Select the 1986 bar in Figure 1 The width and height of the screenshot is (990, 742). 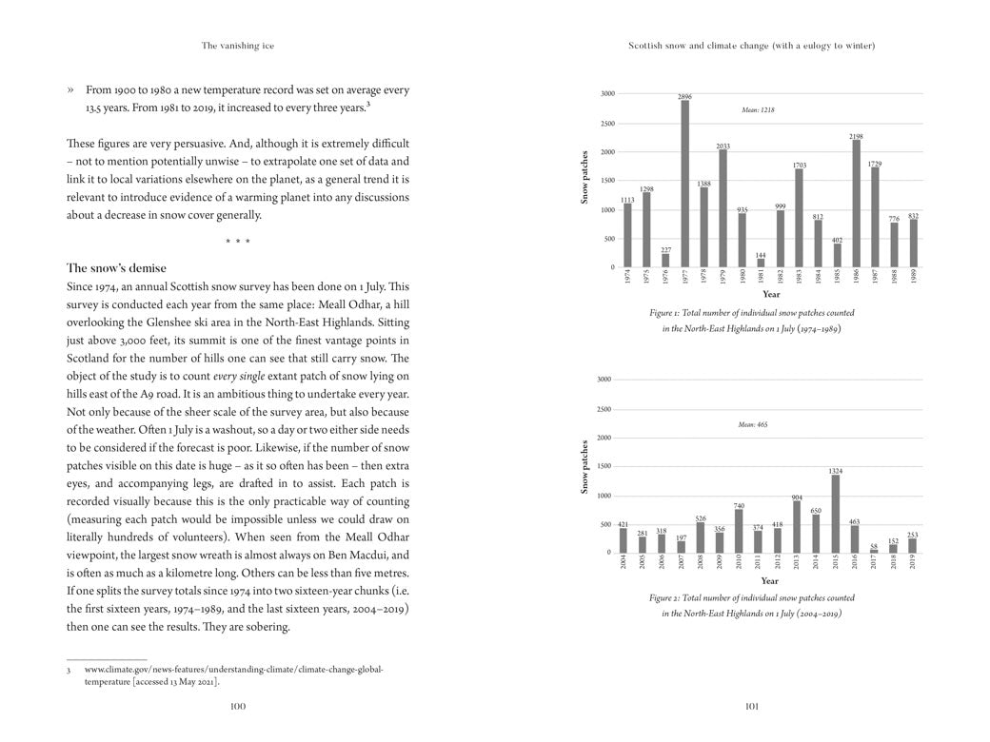[856, 205]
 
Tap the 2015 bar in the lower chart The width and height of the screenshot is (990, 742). [836, 514]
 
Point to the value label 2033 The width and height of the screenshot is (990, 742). [723, 146]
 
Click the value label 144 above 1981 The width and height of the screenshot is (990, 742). [761, 255]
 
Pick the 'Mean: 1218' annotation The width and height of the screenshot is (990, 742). [758, 110]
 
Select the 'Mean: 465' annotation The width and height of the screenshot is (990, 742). [752, 424]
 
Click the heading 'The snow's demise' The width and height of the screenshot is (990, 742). [116, 268]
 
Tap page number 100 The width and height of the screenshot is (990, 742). [238, 706]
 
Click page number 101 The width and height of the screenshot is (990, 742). [751, 706]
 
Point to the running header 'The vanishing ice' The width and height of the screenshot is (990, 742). [238, 45]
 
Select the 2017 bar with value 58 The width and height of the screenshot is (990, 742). [874, 551]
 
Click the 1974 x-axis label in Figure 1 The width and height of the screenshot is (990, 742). [627, 276]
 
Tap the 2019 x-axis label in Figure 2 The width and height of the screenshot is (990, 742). [912, 561]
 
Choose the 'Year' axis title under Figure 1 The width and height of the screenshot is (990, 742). [771, 295]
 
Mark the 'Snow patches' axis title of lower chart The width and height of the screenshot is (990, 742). [584, 466]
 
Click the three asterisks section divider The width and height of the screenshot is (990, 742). [238, 242]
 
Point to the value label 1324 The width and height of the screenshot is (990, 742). [836, 471]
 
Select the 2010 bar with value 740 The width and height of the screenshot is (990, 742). [739, 531]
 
